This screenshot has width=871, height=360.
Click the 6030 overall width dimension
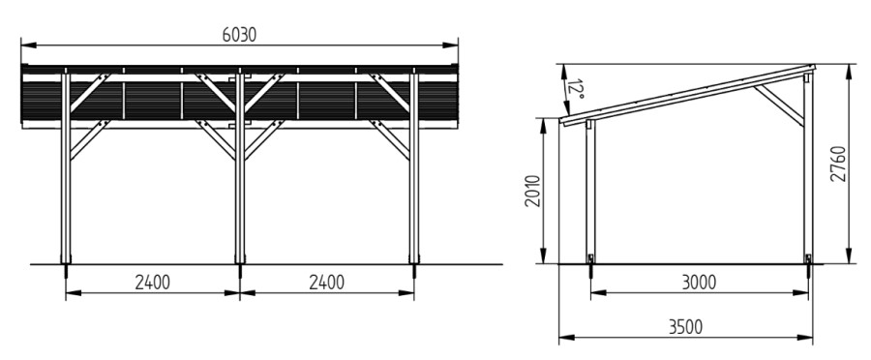click(239, 35)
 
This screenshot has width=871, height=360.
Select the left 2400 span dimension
click(153, 283)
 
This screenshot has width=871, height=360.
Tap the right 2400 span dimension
click(327, 283)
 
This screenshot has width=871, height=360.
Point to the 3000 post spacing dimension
click(699, 283)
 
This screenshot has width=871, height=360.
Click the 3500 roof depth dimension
click(685, 327)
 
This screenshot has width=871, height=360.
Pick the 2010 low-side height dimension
click(532, 191)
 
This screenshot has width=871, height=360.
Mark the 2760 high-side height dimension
click(838, 164)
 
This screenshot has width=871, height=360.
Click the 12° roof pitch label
click(576, 89)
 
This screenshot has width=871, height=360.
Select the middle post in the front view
click(240, 165)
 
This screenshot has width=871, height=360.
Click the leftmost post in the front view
click(66, 165)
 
